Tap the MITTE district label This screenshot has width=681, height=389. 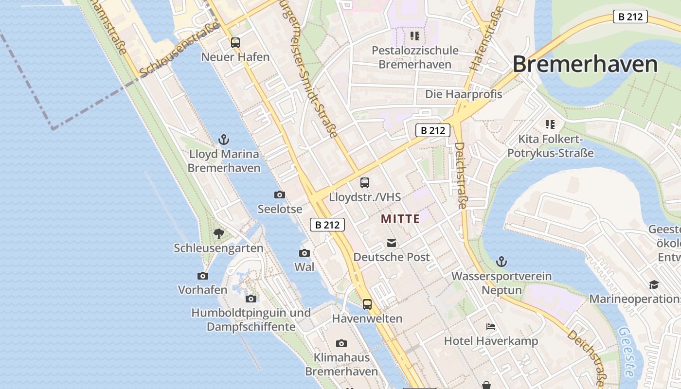(400, 219)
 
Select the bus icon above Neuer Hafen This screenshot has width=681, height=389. (235, 43)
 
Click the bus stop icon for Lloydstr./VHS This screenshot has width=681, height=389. (365, 183)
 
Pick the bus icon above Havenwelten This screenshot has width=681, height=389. (367, 304)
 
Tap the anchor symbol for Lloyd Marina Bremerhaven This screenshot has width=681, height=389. (224, 140)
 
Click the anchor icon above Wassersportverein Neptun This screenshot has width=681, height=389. (502, 262)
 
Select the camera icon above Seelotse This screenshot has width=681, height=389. (280, 195)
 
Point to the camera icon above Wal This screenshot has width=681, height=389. (305, 253)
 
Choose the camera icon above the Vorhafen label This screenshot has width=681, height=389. (203, 276)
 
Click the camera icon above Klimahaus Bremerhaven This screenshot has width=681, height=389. (341, 343)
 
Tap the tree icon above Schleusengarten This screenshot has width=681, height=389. (219, 234)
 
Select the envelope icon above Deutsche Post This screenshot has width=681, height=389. (392, 243)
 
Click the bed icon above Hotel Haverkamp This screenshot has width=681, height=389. (491, 327)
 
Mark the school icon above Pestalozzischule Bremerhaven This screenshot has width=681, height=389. (414, 36)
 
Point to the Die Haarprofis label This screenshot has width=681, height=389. (464, 94)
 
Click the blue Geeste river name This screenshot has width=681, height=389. (626, 352)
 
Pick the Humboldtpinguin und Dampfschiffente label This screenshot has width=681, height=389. (251, 319)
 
